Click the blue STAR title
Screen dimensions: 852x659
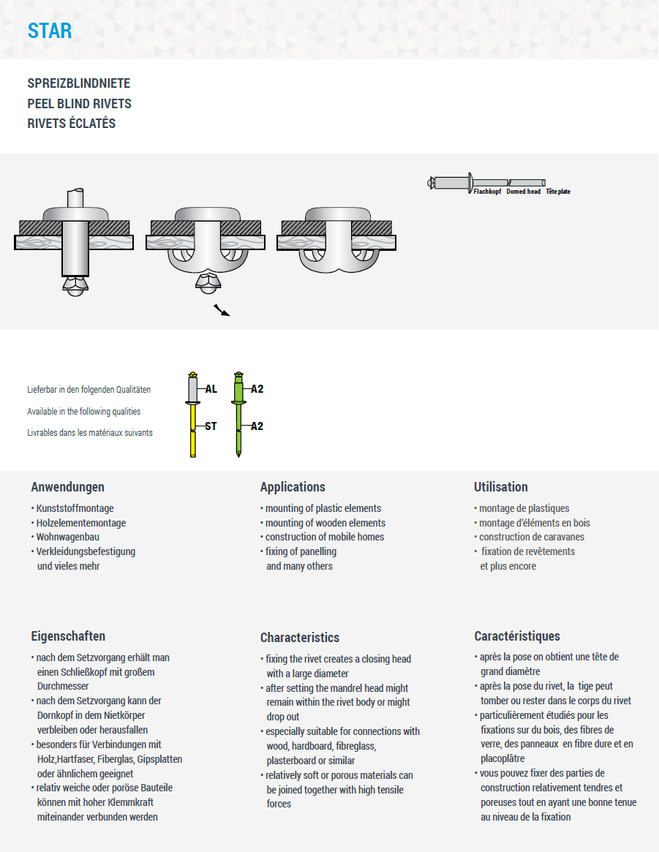(50, 31)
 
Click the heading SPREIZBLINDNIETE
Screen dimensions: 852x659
(79, 83)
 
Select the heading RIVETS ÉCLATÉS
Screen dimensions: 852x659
(72, 124)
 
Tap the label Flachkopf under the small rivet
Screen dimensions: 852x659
(488, 192)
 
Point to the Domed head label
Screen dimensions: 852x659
(524, 192)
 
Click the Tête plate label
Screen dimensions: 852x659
(558, 192)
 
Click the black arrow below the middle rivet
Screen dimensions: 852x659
(222, 310)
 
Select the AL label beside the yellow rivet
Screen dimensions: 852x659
(211, 389)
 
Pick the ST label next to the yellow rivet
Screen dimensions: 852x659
(211, 426)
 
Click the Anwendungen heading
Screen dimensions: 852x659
(68, 487)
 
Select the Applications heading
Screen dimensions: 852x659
(293, 487)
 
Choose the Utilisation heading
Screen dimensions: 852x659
(501, 487)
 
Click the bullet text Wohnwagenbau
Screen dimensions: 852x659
(67, 537)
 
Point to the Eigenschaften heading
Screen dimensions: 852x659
(68, 636)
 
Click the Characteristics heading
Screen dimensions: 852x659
(300, 638)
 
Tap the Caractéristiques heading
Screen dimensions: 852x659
(517, 636)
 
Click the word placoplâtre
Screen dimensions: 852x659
(502, 758)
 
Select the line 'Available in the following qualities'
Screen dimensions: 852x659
(84, 412)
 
